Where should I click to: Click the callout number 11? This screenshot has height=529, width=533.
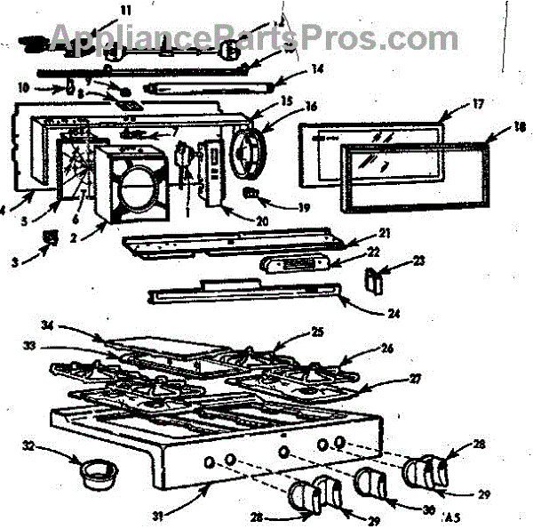click(x=125, y=11)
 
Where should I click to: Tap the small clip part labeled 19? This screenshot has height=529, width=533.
click(x=251, y=193)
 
